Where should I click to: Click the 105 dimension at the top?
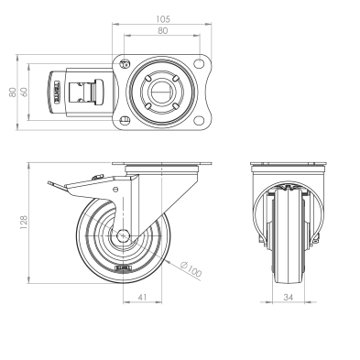click(x=163, y=19)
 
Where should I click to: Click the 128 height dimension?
click(x=23, y=223)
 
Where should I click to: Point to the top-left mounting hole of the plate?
click(x=125, y=63)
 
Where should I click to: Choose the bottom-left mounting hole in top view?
click(x=125, y=120)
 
